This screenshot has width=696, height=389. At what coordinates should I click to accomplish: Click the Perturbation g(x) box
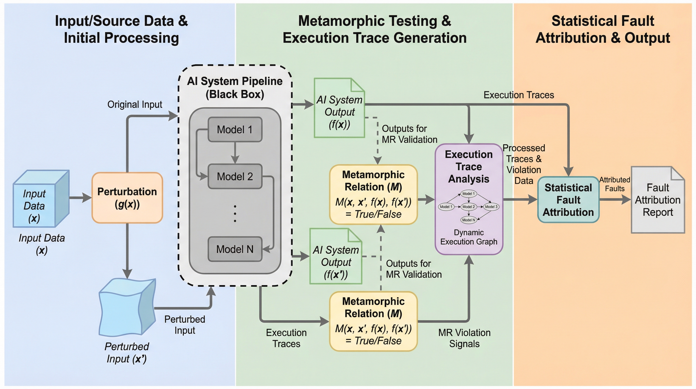[x=127, y=198]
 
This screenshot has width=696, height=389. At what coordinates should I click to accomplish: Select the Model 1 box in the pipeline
[x=235, y=130]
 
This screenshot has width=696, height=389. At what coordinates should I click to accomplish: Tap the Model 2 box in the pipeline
[x=235, y=176]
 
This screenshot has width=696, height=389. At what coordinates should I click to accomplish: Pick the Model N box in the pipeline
[x=235, y=249]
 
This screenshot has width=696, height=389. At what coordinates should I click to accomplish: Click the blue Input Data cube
[x=40, y=199]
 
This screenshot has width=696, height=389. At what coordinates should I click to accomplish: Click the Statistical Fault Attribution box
[x=568, y=200]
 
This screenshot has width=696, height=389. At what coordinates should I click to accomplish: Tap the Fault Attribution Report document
[x=658, y=200]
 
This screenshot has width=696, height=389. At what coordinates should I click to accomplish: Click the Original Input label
[x=135, y=104]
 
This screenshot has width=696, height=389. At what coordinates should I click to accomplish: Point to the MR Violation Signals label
[x=464, y=338]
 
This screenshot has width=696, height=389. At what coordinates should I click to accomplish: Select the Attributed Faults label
[x=614, y=184]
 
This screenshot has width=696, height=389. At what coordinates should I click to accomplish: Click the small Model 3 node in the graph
[x=491, y=207]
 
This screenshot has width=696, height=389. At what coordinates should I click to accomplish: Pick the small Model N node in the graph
[x=468, y=220]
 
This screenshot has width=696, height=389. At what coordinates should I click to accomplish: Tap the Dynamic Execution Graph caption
[x=468, y=237]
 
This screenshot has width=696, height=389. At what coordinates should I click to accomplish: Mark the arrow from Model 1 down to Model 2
[x=235, y=153]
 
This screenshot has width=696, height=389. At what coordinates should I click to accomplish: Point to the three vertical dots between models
[x=235, y=214]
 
